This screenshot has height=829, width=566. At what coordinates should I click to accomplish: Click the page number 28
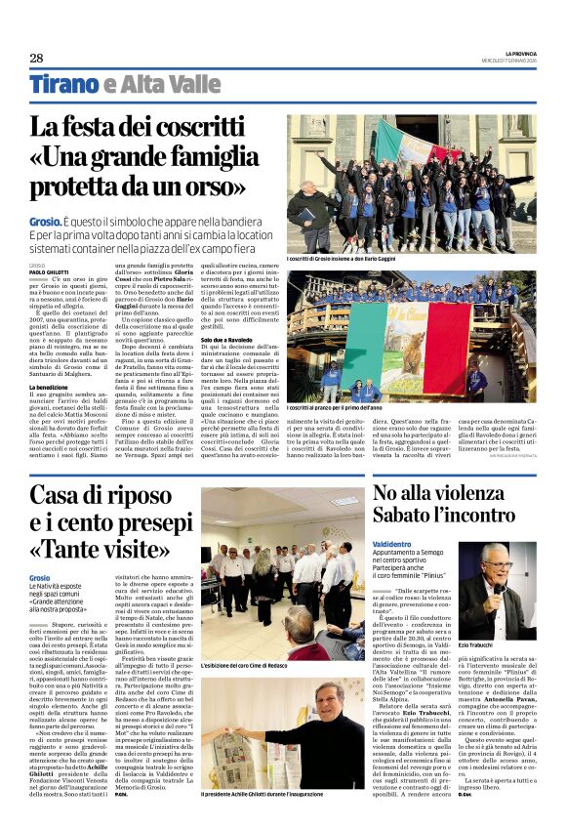pos(36,58)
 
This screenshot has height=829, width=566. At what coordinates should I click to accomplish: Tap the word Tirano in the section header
pos(63,84)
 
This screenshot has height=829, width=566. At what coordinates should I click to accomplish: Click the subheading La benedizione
pos(51,387)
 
